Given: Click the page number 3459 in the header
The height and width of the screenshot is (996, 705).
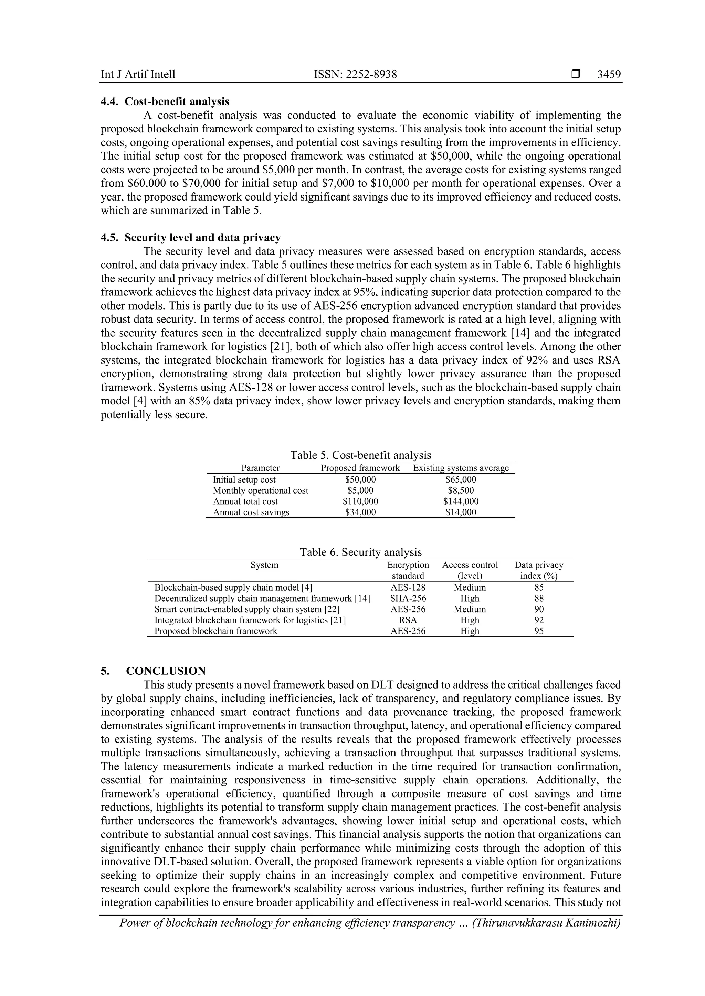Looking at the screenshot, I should point(609,74).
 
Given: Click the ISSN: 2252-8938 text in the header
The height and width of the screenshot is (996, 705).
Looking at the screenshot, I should point(355,74).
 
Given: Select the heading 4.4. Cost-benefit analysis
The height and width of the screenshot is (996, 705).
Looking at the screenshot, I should point(165,101).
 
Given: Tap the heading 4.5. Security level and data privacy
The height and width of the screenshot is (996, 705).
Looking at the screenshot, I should point(191,238).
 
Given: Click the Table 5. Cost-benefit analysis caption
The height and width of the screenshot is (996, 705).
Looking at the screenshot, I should point(360,455).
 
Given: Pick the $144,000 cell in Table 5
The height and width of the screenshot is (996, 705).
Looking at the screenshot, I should point(461,501).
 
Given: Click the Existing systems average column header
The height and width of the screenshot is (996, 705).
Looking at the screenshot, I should point(461,468).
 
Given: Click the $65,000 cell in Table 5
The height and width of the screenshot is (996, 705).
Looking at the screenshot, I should point(461,480).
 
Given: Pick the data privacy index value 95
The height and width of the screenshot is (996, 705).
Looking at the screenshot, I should point(539,631).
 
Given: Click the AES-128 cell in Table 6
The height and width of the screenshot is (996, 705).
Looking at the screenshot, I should point(408,588).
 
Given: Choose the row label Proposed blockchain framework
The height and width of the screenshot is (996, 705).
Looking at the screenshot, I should point(216,631).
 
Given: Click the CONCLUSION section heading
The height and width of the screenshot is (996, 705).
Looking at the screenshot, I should point(166,671).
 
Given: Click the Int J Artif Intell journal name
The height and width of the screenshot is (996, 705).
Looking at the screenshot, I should point(138,74).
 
